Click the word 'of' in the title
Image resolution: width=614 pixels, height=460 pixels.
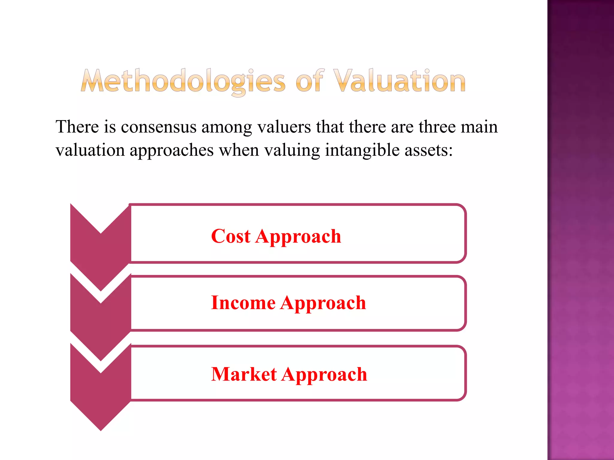coord(310,81)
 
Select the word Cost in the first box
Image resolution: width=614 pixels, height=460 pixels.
coord(231,236)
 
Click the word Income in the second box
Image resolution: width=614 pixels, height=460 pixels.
coord(243,303)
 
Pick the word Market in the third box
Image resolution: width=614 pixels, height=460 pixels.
coord(244,374)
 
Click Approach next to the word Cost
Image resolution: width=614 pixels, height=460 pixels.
coord(298,237)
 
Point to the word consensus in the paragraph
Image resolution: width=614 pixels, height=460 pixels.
coord(159,127)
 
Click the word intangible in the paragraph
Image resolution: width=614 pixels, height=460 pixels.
coord(363,150)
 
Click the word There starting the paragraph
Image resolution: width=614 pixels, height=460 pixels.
coord(77,127)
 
